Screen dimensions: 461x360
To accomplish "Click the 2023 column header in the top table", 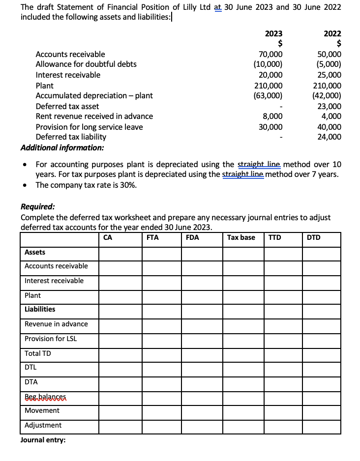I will [273, 33].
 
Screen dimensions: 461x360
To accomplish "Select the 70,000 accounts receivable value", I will [270, 55].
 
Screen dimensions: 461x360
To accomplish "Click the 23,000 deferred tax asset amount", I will [330, 106].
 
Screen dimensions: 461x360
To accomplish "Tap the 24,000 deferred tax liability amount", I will [330, 137].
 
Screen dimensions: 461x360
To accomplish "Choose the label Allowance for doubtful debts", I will [86, 64].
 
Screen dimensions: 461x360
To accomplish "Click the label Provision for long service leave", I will [89, 127].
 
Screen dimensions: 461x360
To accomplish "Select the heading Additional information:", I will [62, 147].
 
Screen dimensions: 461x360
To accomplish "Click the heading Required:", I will [38, 207].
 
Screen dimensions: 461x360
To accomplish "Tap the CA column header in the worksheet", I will [108, 237].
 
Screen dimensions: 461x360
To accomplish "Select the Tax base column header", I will [241, 237].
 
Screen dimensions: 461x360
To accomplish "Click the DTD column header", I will [313, 237].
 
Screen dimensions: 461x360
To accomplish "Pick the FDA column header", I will [192, 237].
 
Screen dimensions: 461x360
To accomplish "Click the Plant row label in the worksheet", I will [33, 295].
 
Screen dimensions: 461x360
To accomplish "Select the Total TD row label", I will [38, 353].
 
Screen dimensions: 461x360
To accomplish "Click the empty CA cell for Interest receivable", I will [120, 281].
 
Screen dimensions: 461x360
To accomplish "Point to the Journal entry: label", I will [43, 440].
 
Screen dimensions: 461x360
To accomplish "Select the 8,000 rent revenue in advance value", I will [273, 116].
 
